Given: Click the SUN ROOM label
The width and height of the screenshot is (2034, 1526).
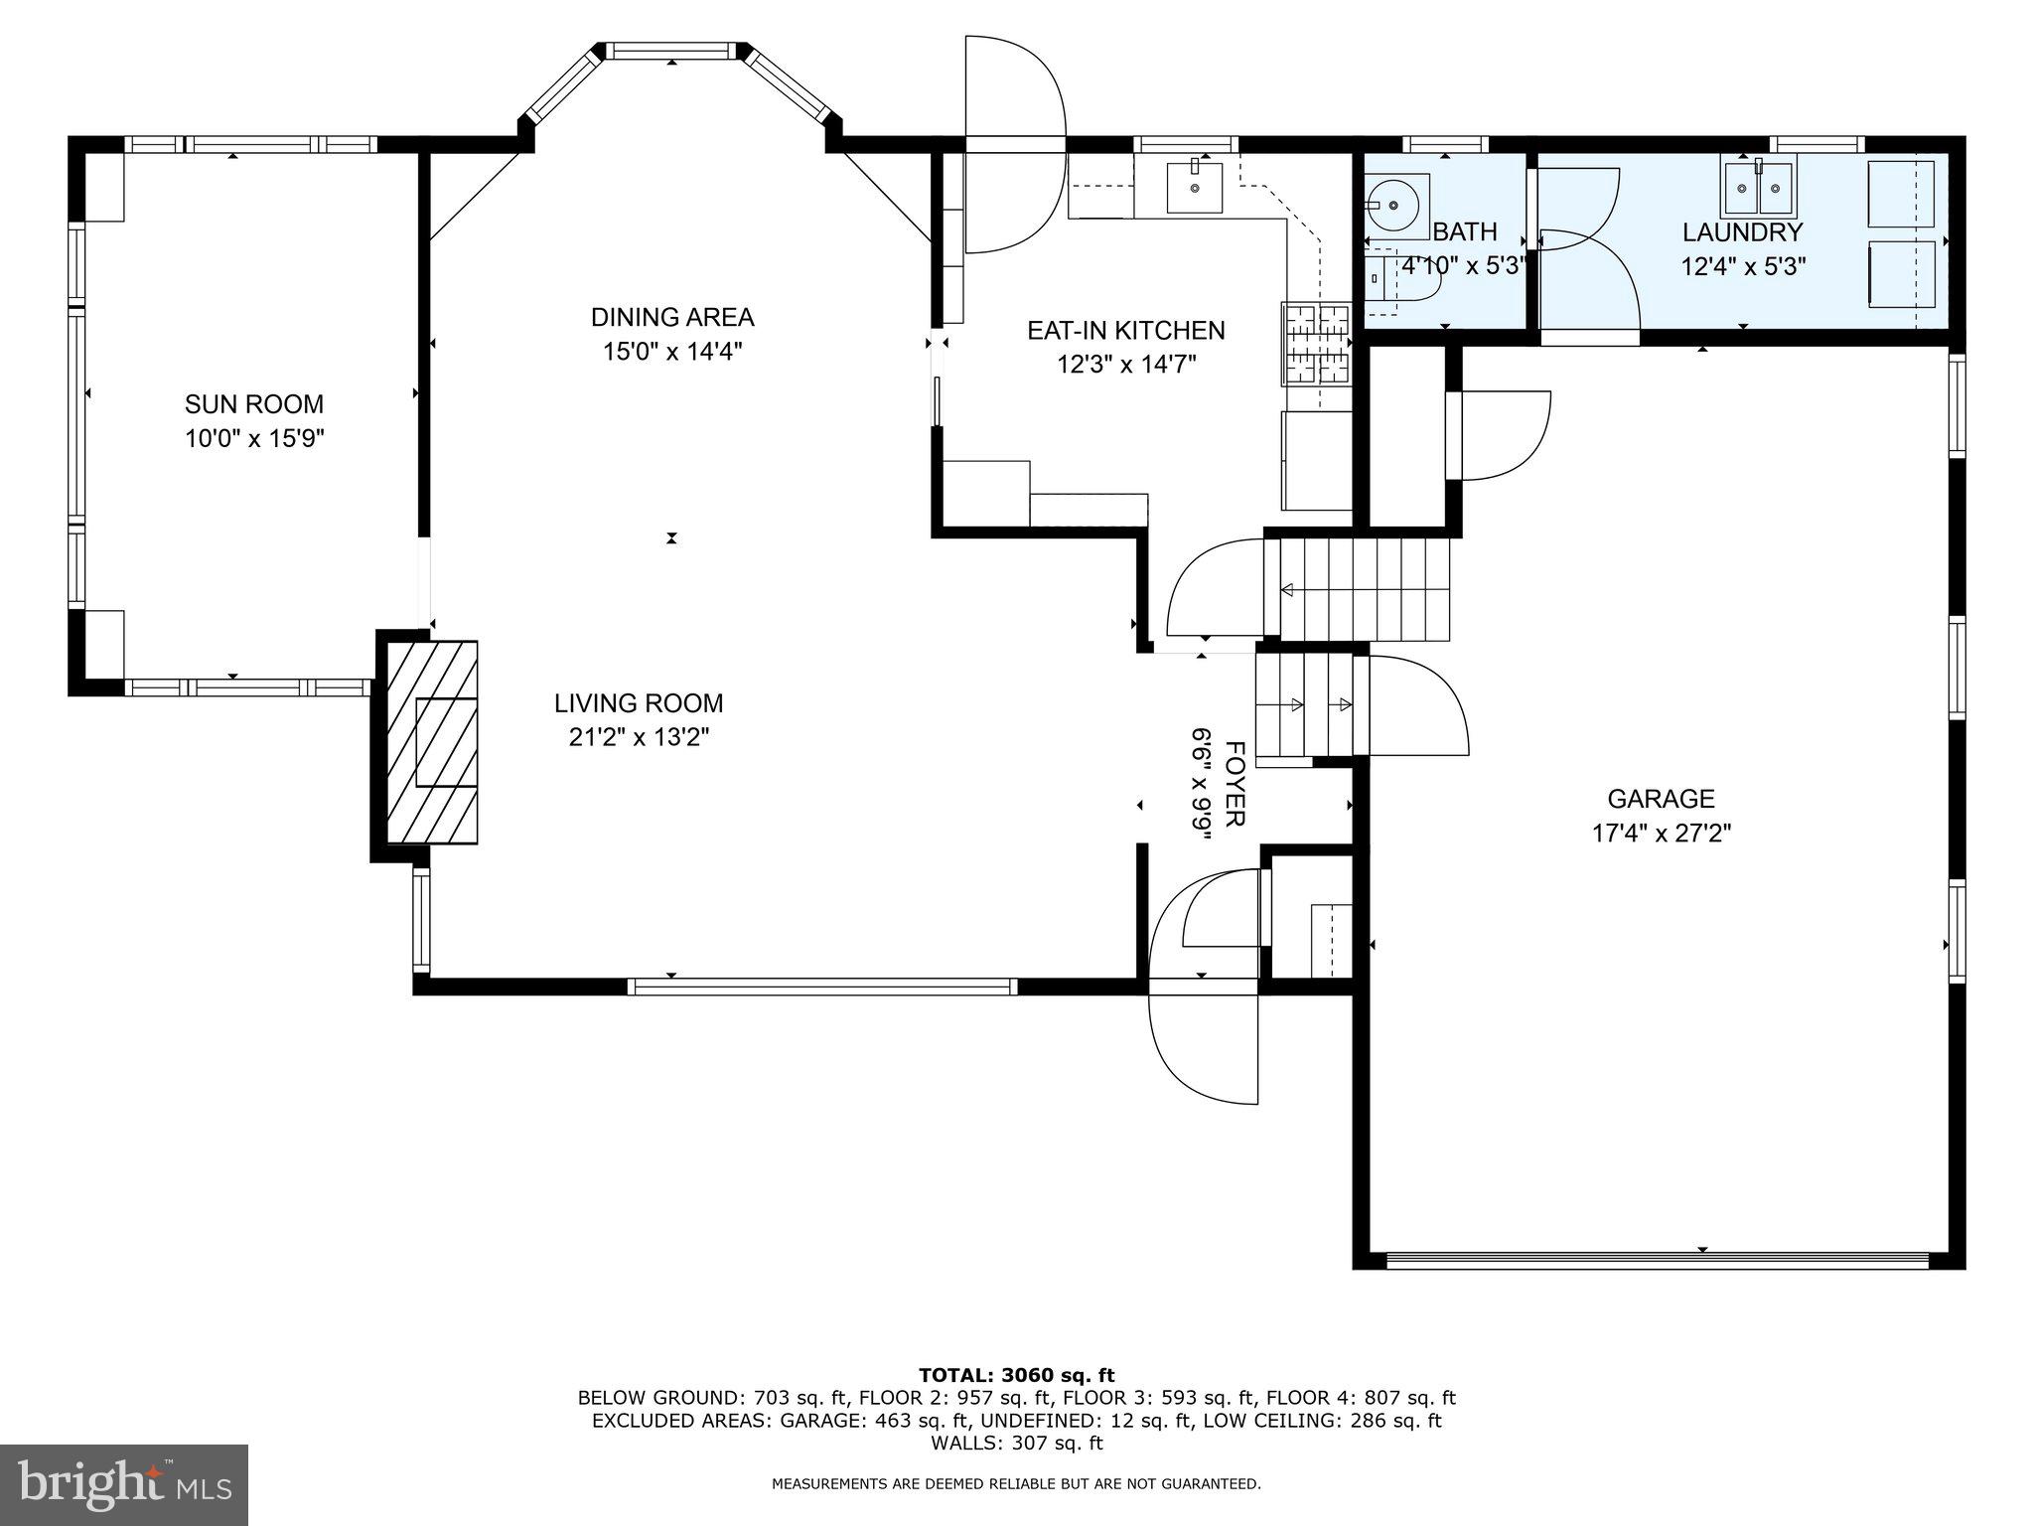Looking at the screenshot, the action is (x=254, y=404).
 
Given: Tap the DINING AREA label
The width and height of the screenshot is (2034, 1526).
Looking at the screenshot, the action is (x=672, y=317).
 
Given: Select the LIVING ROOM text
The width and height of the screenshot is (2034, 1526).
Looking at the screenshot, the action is (x=639, y=703).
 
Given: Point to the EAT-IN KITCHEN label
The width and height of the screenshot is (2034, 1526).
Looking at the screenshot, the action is (x=1125, y=330).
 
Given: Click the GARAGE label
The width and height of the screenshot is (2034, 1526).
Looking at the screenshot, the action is (x=1662, y=799).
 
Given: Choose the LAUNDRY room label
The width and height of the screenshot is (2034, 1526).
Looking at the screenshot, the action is (x=1742, y=232).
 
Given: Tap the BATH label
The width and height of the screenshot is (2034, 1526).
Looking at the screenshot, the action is (x=1465, y=232).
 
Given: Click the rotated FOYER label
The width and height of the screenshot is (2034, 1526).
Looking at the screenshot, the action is (x=1235, y=784).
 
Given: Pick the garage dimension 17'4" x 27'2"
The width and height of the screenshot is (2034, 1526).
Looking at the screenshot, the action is (x=1662, y=833).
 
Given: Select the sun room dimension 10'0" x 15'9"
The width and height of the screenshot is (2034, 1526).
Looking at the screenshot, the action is (x=254, y=438).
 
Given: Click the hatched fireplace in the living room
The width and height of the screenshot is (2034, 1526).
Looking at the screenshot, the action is (x=431, y=742).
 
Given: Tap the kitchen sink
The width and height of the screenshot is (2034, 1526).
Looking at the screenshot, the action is (x=1195, y=186).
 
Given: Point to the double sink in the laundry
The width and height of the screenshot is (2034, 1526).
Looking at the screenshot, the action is (x=1760, y=186).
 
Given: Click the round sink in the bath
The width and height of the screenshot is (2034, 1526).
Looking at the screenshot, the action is (x=1396, y=205).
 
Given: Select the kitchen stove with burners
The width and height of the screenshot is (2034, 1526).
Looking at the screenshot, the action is (x=1317, y=344).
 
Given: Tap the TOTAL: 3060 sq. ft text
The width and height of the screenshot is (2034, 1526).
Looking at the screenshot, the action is (x=1017, y=1375).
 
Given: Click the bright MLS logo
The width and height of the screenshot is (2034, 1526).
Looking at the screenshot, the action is (x=124, y=1485).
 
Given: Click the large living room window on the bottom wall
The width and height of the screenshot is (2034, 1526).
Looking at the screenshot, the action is (x=822, y=987).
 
